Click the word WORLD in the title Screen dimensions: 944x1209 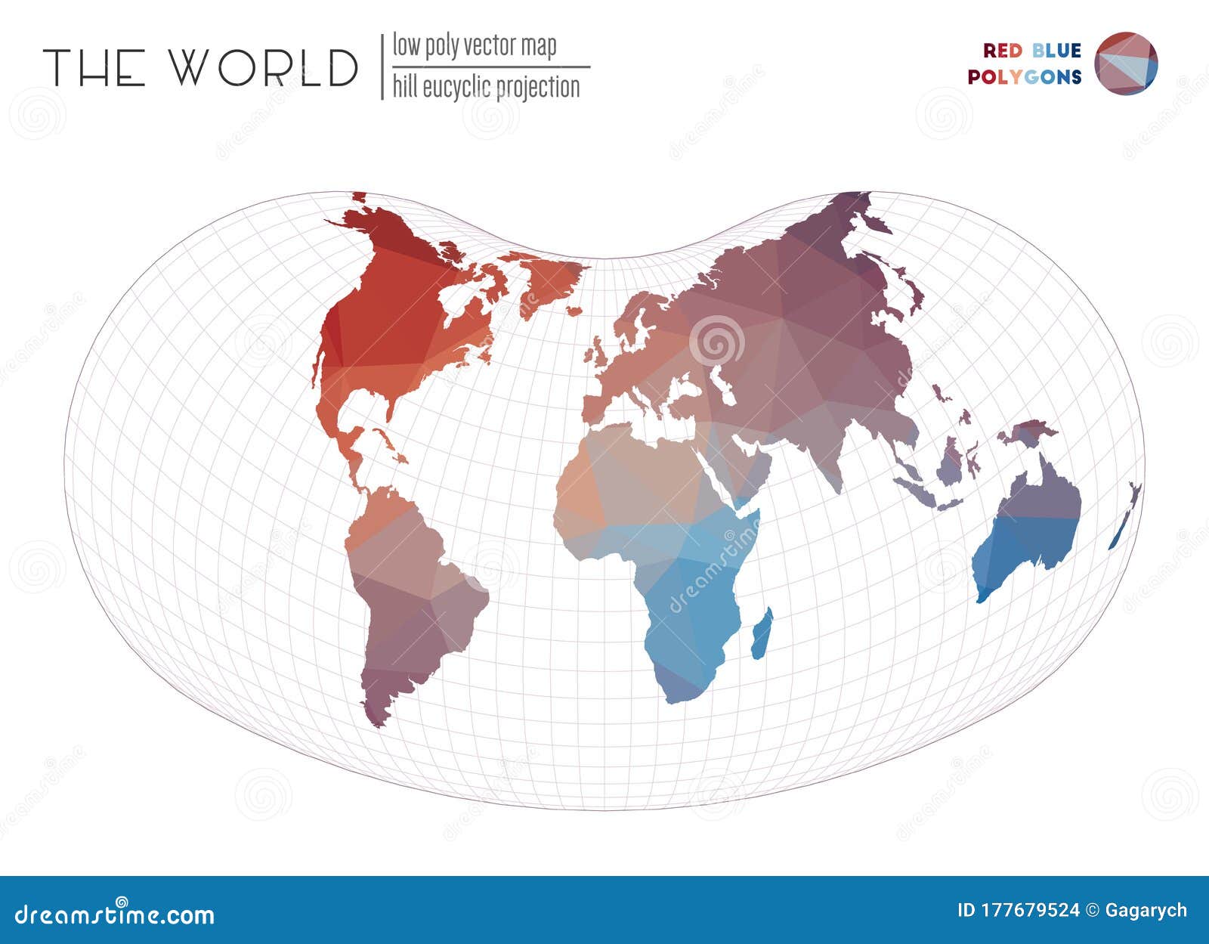263,67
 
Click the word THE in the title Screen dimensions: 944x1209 94,67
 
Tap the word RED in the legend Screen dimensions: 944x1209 1003,51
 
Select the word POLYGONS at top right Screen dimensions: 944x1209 1025,77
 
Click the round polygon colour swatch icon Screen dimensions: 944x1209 1126,63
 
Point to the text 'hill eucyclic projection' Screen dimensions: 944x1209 486,88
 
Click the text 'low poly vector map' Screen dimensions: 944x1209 475,46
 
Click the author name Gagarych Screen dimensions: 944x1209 1146,910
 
